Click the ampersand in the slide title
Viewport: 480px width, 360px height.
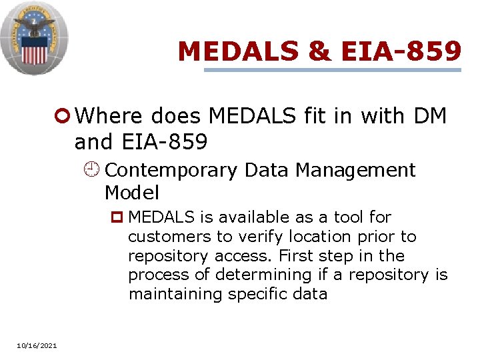click(x=320, y=51)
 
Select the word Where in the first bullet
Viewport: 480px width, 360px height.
click(x=109, y=116)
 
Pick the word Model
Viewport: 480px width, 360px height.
click(x=131, y=193)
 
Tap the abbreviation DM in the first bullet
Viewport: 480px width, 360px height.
click(x=438, y=116)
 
